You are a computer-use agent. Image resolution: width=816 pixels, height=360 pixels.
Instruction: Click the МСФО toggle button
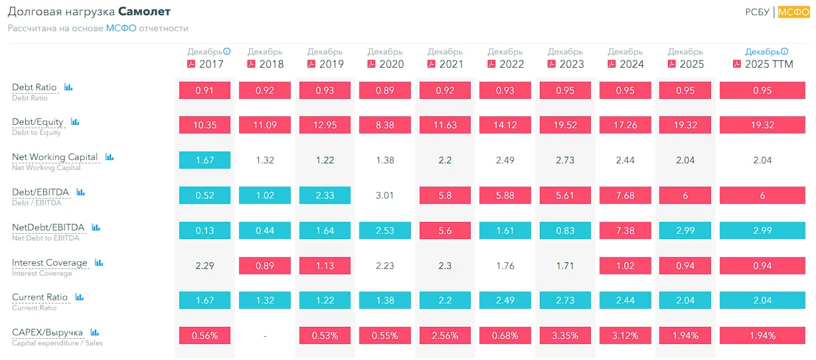pyautogui.click(x=793, y=12)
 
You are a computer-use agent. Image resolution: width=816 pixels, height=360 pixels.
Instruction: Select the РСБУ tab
pyautogui.click(x=757, y=12)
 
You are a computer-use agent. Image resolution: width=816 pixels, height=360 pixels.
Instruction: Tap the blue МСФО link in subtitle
pyautogui.click(x=121, y=28)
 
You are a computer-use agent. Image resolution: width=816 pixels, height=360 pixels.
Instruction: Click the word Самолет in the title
pyautogui.click(x=144, y=12)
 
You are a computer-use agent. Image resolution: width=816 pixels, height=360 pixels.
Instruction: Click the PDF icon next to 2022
pyautogui.click(x=491, y=64)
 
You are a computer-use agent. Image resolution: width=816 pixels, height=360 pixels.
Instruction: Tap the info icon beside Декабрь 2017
pyautogui.click(x=226, y=51)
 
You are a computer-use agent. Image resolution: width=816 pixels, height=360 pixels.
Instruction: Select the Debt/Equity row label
pyautogui.click(x=38, y=122)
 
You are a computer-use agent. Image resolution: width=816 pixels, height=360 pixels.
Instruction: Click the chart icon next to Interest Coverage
pyautogui.click(x=99, y=262)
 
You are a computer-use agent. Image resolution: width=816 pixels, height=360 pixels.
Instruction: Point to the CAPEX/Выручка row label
pyautogui.click(x=47, y=332)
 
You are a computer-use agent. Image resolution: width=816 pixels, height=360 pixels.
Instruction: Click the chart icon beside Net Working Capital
pyautogui.click(x=110, y=157)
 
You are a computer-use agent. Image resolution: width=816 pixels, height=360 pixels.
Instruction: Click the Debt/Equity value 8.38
pyautogui.click(x=385, y=125)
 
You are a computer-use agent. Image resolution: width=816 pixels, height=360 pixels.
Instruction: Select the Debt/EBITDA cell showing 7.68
pyautogui.click(x=625, y=195)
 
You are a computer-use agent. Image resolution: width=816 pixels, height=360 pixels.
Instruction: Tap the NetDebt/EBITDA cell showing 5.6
pyautogui.click(x=445, y=230)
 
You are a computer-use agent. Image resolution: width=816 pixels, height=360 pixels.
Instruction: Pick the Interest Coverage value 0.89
pyautogui.click(x=265, y=266)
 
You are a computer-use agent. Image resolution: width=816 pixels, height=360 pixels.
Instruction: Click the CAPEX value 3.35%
pyautogui.click(x=565, y=335)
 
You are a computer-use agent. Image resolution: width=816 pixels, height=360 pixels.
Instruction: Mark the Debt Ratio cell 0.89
pyautogui.click(x=385, y=90)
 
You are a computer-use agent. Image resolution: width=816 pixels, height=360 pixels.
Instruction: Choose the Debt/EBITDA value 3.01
pyautogui.click(x=385, y=195)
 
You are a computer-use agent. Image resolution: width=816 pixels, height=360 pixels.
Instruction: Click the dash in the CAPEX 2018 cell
pyautogui.click(x=265, y=335)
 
